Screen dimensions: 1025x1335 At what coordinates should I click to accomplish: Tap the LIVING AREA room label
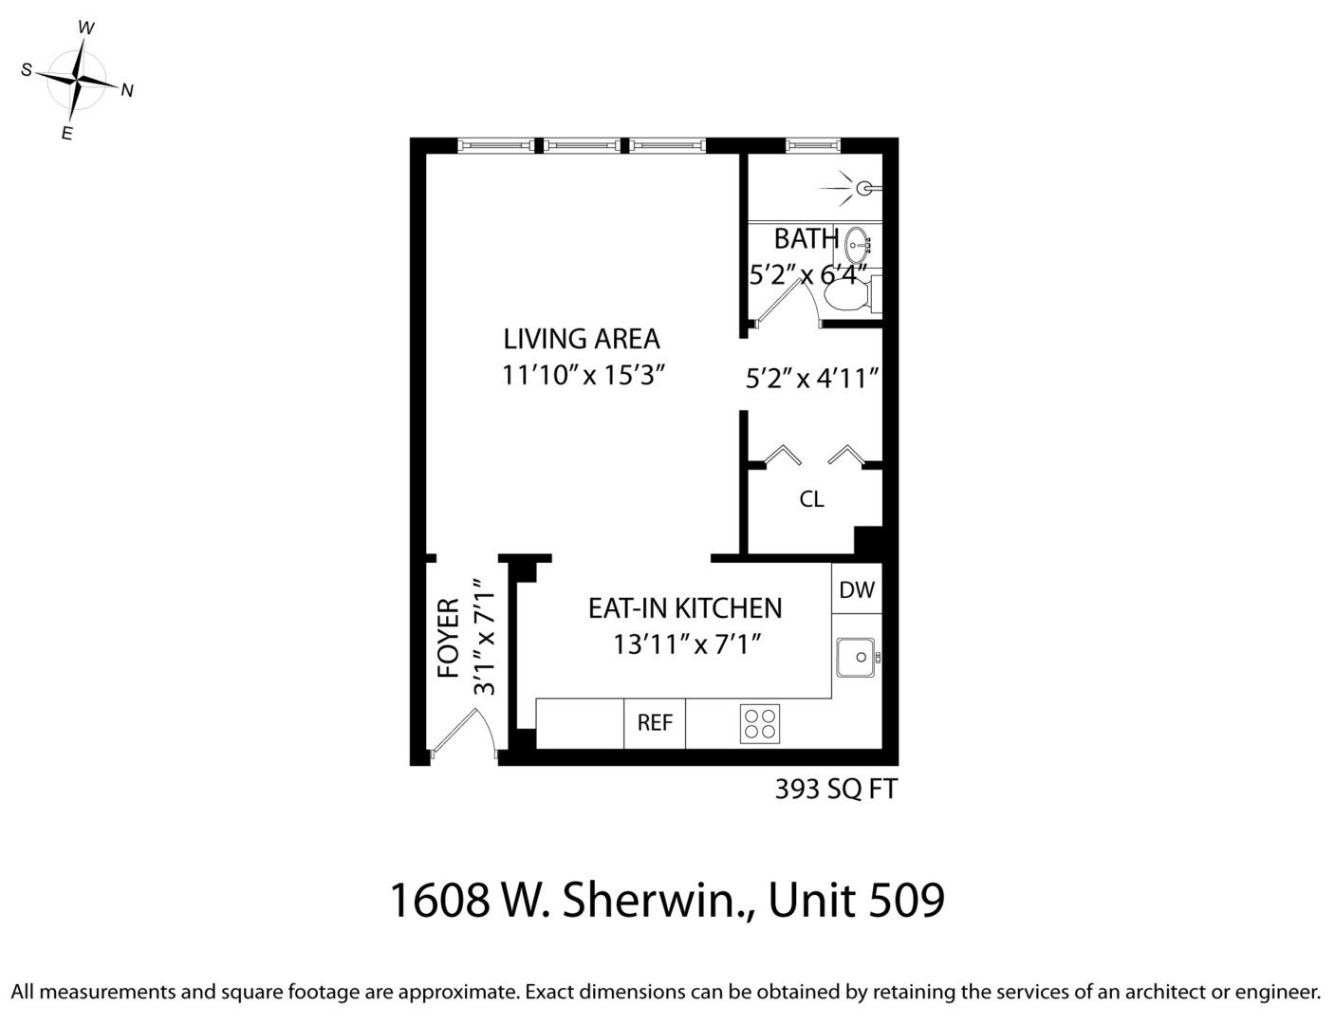[581, 339]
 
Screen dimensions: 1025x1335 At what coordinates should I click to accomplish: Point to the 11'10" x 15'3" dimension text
[581, 375]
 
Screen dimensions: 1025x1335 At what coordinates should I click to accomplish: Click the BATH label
[806, 239]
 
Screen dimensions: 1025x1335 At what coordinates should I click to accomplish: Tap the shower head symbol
[862, 188]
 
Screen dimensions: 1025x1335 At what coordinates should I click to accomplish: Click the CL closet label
[811, 499]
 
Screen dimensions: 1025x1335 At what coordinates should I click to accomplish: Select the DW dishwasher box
[857, 589]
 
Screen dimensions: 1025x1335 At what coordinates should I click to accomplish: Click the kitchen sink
[856, 657]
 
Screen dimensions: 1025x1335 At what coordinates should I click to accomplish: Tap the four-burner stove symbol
[760, 723]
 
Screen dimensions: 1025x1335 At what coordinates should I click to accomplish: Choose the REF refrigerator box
[655, 723]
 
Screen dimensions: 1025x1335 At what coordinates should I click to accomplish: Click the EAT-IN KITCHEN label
[685, 608]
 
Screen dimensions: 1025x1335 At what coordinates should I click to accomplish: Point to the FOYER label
[449, 637]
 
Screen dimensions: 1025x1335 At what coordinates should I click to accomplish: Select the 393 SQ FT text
[835, 790]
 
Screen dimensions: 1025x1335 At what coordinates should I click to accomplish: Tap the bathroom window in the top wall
[813, 145]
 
